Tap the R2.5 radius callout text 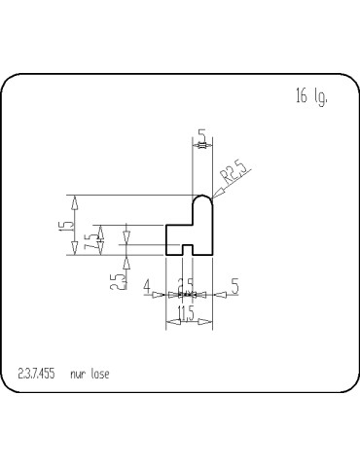tap(234, 174)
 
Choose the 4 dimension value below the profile tap(147, 287)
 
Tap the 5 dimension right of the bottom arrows tap(235, 287)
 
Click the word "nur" tap(79, 373)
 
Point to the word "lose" tap(100, 373)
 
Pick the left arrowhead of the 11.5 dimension tap(172, 322)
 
